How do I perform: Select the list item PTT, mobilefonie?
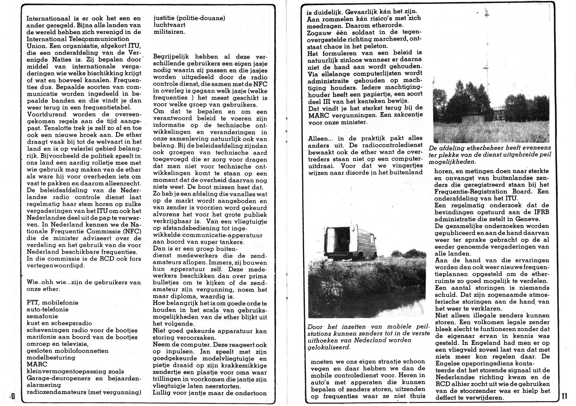52,303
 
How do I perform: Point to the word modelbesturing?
51,358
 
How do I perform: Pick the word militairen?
169,32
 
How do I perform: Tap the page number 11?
564,396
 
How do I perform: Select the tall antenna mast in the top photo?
487,58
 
